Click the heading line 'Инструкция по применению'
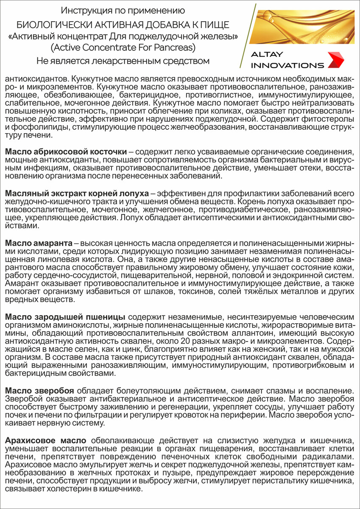[123, 9]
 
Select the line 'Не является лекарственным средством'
[123, 61]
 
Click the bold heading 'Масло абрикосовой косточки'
[66, 152]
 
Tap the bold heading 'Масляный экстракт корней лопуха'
[77, 194]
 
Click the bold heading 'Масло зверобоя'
[40, 390]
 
